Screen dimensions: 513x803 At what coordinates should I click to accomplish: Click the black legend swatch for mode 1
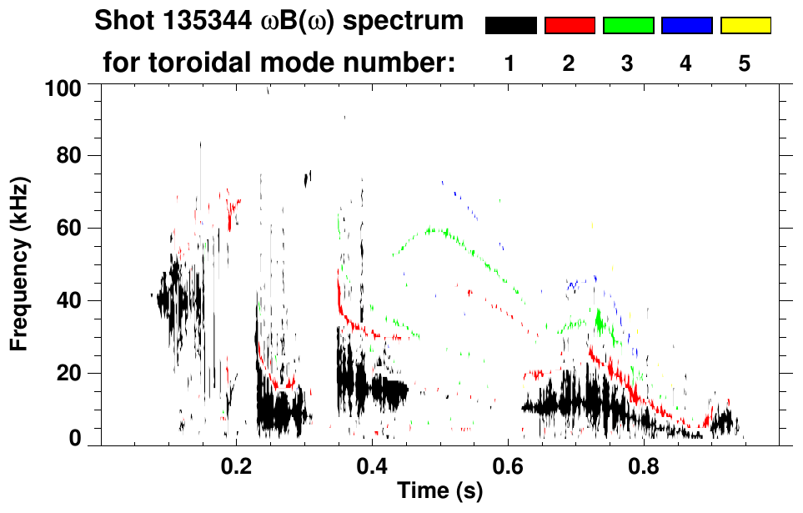510,26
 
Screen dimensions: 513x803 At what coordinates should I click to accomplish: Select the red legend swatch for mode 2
570,26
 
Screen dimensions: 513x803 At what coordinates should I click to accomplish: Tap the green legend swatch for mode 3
628,26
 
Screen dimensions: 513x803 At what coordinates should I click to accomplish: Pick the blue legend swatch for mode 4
686,26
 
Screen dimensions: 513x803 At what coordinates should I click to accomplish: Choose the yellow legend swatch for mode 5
745,26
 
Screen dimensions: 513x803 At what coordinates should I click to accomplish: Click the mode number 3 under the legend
628,63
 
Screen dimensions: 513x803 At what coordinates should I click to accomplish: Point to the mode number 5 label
745,63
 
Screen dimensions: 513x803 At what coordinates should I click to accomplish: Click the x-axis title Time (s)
439,493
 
